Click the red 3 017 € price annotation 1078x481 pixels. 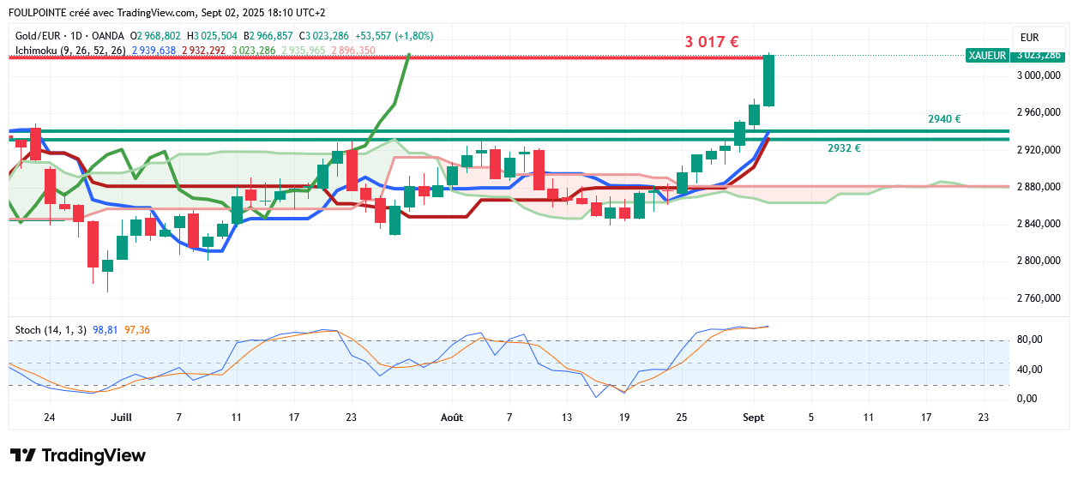pos(712,41)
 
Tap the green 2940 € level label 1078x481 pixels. pos(943,119)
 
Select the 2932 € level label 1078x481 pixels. pos(844,147)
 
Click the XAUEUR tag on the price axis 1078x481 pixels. pos(986,55)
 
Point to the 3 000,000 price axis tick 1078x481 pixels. pos(1038,75)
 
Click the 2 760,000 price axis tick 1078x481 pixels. pos(1038,298)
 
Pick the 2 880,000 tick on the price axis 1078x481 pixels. pos(1038,187)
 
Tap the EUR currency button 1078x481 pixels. pos(1030,38)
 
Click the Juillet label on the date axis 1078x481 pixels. pos(122,418)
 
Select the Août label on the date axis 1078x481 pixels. pos(452,418)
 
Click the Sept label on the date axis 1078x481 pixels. pos(754,418)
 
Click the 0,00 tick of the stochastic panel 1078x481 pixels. pos(1029,399)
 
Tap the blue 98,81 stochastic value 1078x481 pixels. pos(105,329)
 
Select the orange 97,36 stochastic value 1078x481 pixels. pos(137,329)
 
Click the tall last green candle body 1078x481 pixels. pos(769,81)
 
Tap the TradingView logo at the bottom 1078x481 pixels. pos(78,455)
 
